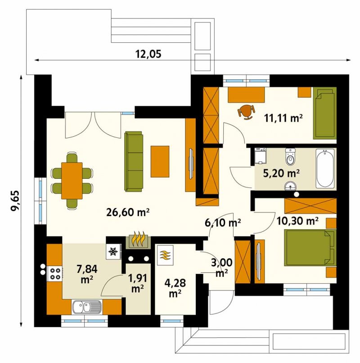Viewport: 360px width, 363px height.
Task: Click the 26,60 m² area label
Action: (128, 212)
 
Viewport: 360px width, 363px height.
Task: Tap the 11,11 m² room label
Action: (283, 118)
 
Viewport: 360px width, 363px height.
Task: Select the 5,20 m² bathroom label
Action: (281, 173)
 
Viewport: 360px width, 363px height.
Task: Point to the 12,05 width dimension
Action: (148, 54)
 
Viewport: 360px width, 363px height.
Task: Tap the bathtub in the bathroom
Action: (325, 168)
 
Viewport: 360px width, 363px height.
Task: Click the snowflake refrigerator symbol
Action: (113, 251)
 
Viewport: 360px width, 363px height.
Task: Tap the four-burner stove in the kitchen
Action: (55, 274)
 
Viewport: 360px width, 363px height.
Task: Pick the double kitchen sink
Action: (87, 307)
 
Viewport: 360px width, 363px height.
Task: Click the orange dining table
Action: (72, 181)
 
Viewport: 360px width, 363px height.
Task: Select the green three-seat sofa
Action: (134, 161)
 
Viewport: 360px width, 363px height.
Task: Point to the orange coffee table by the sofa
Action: (160, 161)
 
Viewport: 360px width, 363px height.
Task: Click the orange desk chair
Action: (247, 112)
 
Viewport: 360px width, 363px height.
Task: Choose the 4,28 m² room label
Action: (175, 288)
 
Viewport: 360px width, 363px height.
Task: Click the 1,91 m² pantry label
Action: (137, 283)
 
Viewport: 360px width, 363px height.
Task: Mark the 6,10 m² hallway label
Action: (223, 222)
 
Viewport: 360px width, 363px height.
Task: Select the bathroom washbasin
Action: (290, 186)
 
